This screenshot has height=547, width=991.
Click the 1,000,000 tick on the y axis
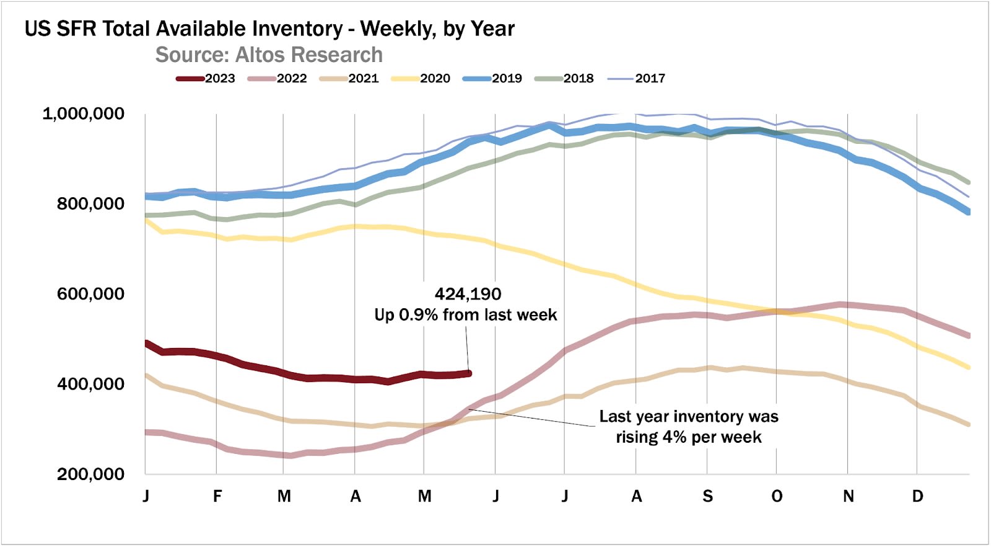coord(83,114)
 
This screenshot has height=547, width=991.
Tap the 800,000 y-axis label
coord(90,204)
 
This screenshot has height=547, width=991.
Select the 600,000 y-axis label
coord(90,294)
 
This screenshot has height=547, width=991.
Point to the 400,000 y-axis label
coord(90,385)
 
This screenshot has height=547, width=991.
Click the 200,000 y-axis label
coord(90,474)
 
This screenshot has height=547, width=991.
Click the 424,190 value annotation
coord(468,294)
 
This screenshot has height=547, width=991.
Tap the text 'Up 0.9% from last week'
coord(466,315)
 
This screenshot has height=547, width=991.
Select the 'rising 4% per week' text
coord(689,437)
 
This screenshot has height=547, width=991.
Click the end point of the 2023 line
coord(469,373)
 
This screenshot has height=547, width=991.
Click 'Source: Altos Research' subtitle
coord(269,55)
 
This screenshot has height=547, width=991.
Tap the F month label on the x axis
coord(217,497)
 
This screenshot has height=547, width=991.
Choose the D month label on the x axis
coord(918,497)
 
